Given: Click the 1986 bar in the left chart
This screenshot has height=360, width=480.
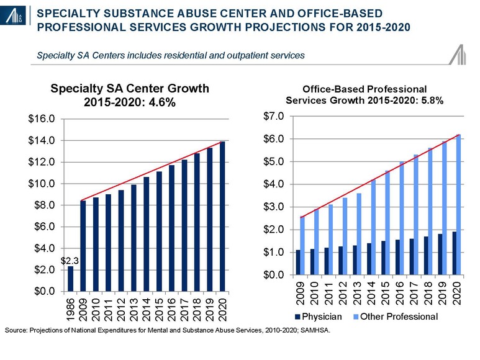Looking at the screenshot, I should pyautogui.click(x=70, y=278).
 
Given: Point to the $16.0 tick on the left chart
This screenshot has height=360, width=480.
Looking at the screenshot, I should pyautogui.click(x=43, y=119).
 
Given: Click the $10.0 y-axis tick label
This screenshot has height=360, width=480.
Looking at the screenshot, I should pyautogui.click(x=43, y=184).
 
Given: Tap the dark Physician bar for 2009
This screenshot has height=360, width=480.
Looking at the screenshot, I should pyautogui.click(x=298, y=263).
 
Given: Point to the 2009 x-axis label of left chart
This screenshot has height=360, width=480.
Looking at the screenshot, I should pyautogui.click(x=83, y=308).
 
